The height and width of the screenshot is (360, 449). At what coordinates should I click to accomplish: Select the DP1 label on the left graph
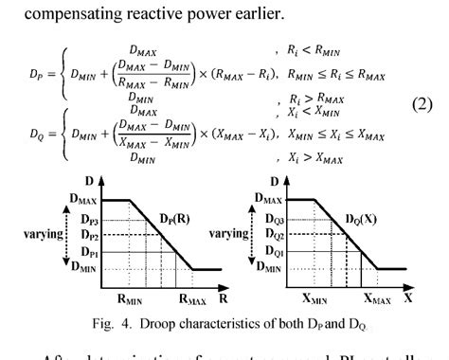88,254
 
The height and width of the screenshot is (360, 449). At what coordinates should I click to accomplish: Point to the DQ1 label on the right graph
274,254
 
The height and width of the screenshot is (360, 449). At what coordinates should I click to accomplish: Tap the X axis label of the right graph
409,297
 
